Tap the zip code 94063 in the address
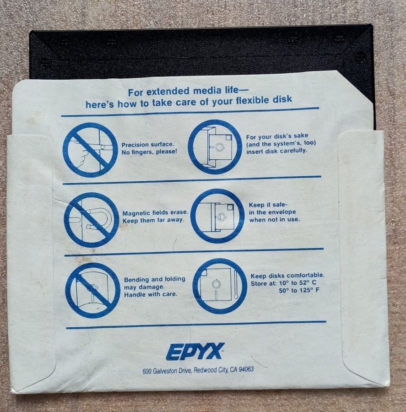point(247,369)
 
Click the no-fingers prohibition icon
point(90,150)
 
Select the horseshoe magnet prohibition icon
point(92,220)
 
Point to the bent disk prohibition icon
point(93,290)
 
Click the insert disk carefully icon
point(215,146)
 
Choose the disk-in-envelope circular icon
point(217,216)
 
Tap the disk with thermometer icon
point(220,286)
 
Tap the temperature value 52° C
point(308,283)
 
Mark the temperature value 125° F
point(309,290)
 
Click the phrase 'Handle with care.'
point(151,294)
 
